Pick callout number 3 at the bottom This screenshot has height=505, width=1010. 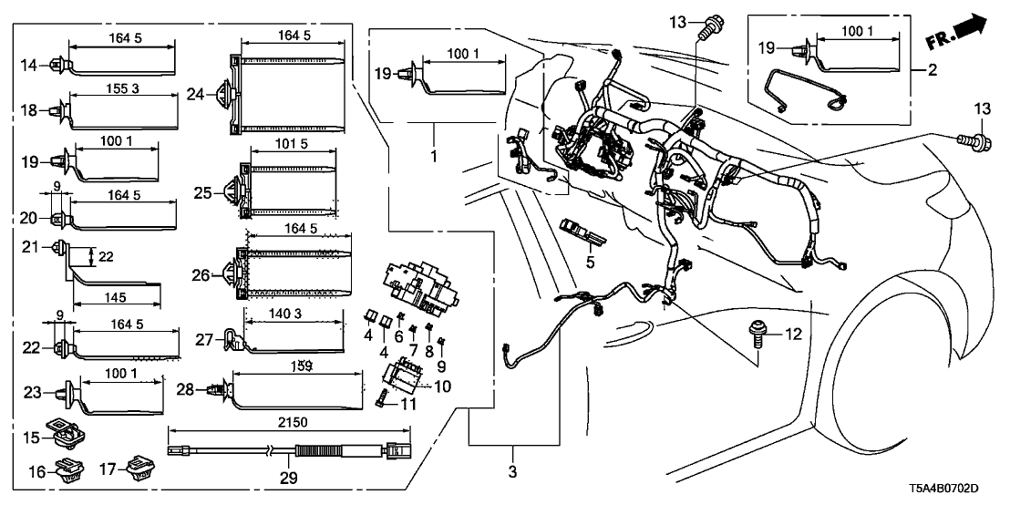(x=513, y=473)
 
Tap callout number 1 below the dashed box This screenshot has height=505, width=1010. (x=434, y=157)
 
